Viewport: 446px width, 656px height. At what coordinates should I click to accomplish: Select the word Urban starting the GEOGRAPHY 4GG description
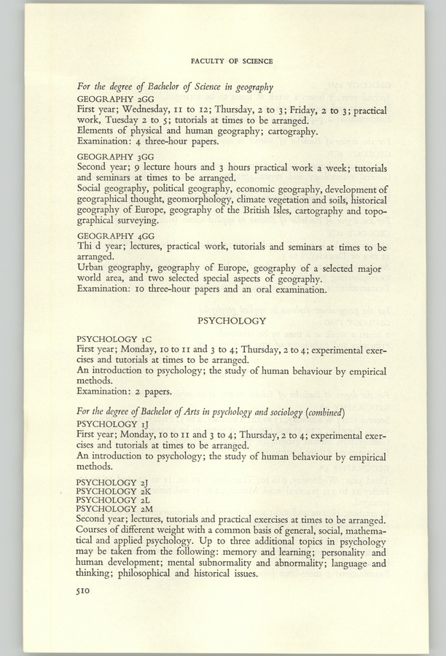[x=92, y=268]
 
